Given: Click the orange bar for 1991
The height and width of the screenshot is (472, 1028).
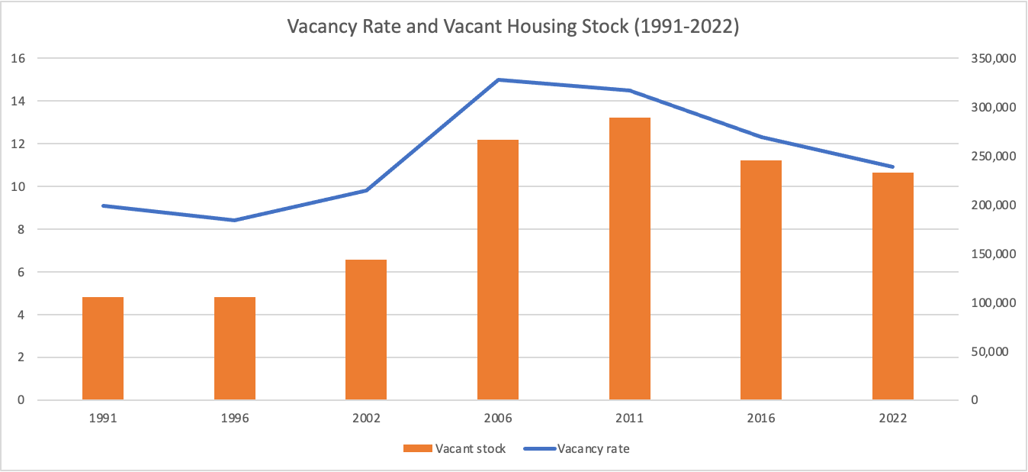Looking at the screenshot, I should tap(103, 348).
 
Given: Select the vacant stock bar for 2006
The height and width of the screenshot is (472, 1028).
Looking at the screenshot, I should tap(498, 270).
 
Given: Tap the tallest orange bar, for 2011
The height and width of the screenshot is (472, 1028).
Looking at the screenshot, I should tap(630, 259).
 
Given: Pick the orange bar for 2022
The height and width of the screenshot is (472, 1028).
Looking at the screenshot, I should tap(893, 286).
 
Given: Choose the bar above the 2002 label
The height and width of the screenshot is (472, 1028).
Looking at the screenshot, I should tap(366, 330).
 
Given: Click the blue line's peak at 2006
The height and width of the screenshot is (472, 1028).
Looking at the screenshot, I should tap(498, 79).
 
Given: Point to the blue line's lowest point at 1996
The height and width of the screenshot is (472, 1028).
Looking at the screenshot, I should tap(235, 220).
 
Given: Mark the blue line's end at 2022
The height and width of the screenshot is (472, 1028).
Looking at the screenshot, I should tap(893, 166).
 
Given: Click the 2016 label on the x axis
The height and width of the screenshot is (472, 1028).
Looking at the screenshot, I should tap(761, 419).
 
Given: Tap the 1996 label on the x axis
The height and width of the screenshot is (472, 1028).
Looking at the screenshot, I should tap(235, 419).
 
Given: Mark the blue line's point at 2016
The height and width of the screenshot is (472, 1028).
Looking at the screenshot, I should tap(761, 137).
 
